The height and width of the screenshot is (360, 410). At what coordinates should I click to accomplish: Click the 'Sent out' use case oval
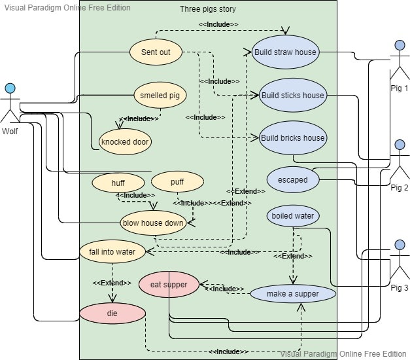click(155, 52)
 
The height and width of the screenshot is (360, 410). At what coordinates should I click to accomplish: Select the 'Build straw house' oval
click(285, 52)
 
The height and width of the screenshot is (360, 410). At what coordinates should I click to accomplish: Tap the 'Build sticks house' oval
click(292, 96)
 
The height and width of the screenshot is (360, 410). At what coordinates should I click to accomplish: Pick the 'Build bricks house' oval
click(292, 138)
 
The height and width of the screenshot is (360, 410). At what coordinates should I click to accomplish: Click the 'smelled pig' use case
click(160, 96)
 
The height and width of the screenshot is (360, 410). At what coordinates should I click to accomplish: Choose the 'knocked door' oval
click(125, 141)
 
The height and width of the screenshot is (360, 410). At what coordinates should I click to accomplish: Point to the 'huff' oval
click(118, 183)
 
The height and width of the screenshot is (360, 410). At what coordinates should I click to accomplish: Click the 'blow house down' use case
click(152, 223)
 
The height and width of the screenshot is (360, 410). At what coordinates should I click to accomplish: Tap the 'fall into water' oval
click(112, 251)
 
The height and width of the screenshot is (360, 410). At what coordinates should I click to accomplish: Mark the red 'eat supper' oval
click(169, 285)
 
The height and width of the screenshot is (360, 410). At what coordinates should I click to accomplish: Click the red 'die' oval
click(112, 314)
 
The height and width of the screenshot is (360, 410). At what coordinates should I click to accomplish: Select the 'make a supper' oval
click(293, 294)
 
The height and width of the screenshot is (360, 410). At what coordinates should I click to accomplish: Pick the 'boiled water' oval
click(293, 216)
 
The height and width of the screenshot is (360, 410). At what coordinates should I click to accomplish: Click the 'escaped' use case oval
click(292, 180)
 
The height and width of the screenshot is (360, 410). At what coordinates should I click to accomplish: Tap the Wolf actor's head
click(10, 88)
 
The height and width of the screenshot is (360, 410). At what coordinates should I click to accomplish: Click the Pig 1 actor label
click(399, 88)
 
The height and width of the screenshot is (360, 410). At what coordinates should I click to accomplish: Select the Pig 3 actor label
click(399, 288)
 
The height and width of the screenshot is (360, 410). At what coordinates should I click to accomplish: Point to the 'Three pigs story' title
click(208, 9)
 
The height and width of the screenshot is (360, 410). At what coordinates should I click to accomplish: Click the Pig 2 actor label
click(399, 188)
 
